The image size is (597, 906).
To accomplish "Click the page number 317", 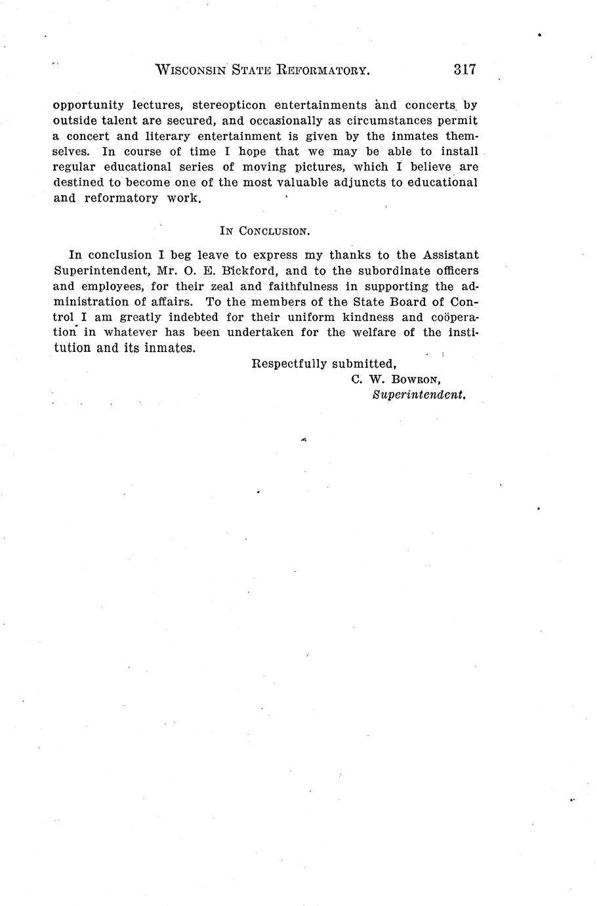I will (463, 70).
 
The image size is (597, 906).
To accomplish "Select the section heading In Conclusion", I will (264, 231).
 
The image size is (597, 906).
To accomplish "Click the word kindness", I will (373, 317).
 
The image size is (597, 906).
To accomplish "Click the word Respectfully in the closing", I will (289, 364).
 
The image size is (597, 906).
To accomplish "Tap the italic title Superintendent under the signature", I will (419, 395).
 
